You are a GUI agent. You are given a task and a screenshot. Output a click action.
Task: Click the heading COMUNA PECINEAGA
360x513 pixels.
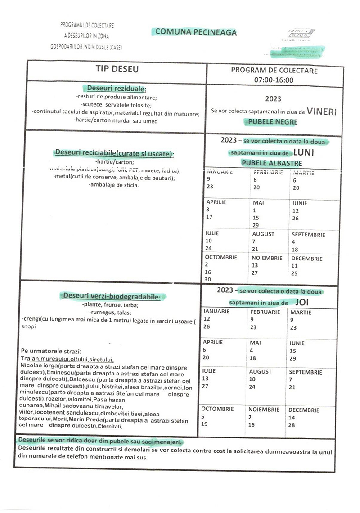(x=195, y=32)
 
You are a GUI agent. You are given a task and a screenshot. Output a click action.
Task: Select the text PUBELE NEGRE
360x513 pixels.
(x=272, y=121)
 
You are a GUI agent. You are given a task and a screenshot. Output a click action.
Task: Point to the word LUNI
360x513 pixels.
(x=306, y=152)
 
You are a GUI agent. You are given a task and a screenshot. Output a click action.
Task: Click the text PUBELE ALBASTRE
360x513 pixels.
(x=272, y=163)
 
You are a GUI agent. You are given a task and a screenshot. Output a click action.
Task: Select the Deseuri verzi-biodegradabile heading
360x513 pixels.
(x=112, y=296)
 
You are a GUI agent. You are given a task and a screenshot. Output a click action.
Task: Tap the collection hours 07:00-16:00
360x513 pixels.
(x=274, y=80)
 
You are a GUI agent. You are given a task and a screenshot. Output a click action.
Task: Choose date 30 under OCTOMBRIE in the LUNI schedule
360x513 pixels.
(x=207, y=279)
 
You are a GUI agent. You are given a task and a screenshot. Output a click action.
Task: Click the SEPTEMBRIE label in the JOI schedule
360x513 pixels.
(x=306, y=372)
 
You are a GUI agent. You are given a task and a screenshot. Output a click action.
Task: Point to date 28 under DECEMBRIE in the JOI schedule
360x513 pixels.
(x=292, y=425)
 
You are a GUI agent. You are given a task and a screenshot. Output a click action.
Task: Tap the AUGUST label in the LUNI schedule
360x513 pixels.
(x=263, y=234)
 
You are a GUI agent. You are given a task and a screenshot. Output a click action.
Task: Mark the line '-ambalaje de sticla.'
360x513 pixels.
(x=114, y=185)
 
